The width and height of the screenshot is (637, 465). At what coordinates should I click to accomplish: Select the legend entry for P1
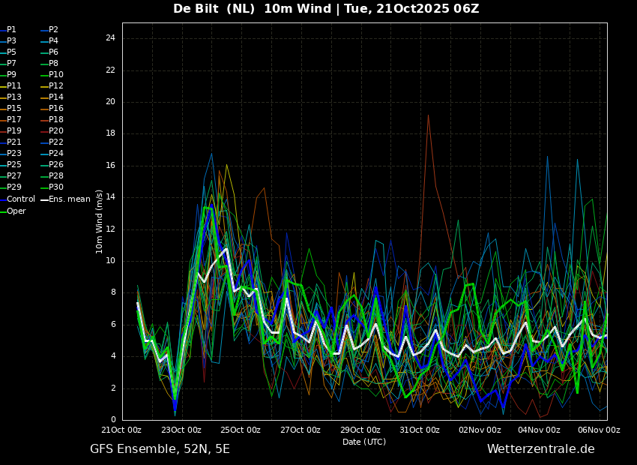(x=11, y=30)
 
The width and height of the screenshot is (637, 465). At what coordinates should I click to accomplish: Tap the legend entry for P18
(x=56, y=120)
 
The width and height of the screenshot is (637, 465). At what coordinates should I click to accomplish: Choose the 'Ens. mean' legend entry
(x=69, y=199)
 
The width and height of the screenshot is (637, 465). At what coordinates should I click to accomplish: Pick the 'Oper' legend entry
(x=16, y=211)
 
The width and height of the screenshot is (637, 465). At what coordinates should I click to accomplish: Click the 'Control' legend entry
(x=20, y=199)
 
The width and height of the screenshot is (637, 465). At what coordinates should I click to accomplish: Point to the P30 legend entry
(x=56, y=187)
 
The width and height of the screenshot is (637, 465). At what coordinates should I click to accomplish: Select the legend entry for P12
(x=56, y=86)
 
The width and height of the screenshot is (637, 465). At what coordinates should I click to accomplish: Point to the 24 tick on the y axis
(x=110, y=38)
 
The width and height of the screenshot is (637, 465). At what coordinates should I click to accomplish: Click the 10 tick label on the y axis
(x=110, y=261)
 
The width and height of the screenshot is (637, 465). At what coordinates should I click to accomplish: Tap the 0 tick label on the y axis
(x=112, y=420)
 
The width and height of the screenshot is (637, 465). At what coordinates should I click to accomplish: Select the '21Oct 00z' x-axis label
(x=122, y=430)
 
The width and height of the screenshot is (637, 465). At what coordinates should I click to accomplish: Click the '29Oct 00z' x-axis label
(x=360, y=430)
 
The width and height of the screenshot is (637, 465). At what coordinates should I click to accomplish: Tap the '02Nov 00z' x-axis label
(x=480, y=430)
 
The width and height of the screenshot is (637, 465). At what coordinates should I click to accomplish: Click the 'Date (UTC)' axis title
(x=364, y=442)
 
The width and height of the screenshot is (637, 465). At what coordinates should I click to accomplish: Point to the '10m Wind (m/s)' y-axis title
(x=100, y=221)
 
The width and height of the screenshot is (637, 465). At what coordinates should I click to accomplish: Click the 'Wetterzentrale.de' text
(x=540, y=449)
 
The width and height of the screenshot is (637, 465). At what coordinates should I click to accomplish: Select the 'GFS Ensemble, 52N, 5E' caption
(x=160, y=449)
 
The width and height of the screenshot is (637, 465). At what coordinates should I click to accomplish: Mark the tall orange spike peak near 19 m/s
(x=428, y=115)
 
